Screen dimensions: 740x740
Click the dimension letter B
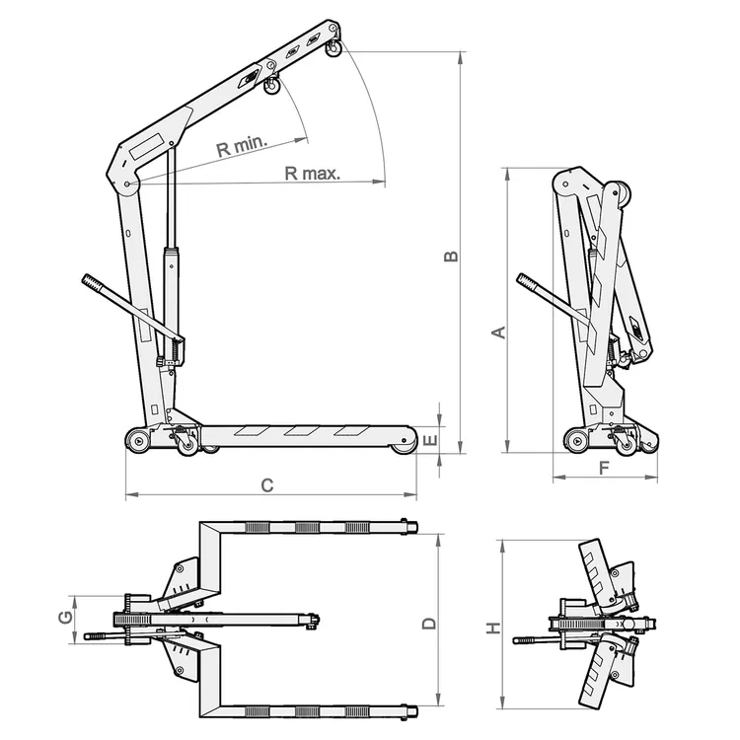click(x=450, y=257)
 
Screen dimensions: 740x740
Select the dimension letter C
click(x=265, y=484)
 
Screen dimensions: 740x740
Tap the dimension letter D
click(x=428, y=624)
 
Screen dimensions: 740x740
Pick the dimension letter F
click(x=604, y=468)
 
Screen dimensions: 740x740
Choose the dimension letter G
click(x=64, y=618)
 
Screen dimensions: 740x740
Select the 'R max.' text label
click(x=312, y=174)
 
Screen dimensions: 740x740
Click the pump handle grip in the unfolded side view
click(x=93, y=284)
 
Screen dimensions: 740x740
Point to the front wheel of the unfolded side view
click(x=402, y=446)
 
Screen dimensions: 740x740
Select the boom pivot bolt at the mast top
click(x=129, y=185)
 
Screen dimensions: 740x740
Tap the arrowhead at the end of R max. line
click(x=381, y=183)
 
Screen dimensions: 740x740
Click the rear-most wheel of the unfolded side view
click(x=137, y=440)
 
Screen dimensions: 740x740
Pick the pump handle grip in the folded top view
click(x=523, y=641)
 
